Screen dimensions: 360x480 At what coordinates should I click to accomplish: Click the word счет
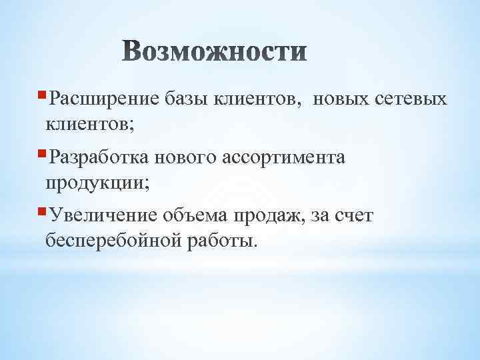[x=354, y=215]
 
